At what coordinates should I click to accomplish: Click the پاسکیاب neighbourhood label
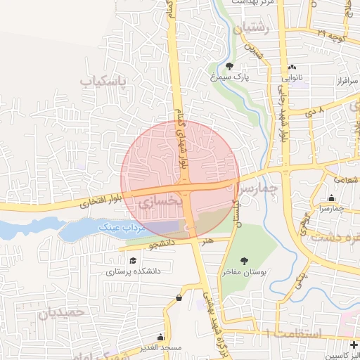click(x=102, y=82)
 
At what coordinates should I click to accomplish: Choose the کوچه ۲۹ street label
click(x=330, y=34)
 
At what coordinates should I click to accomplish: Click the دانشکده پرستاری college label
click(x=134, y=271)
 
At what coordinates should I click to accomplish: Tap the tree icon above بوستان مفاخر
click(x=244, y=261)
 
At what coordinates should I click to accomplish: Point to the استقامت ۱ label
click(x=294, y=333)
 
